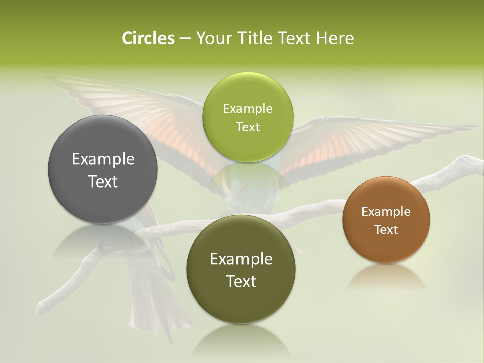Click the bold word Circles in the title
(x=148, y=38)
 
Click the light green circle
(x=248, y=117)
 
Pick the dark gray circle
(x=103, y=169)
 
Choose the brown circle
(x=386, y=219)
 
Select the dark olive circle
(x=241, y=270)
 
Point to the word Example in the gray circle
(x=103, y=159)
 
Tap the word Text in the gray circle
(x=103, y=181)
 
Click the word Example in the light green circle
(x=248, y=108)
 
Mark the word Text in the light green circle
(x=248, y=127)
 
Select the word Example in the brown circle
(x=386, y=211)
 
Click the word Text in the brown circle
(x=386, y=230)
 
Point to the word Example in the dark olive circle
(x=241, y=259)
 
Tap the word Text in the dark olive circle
(x=241, y=281)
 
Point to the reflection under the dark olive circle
(x=241, y=340)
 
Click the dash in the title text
(x=185, y=39)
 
